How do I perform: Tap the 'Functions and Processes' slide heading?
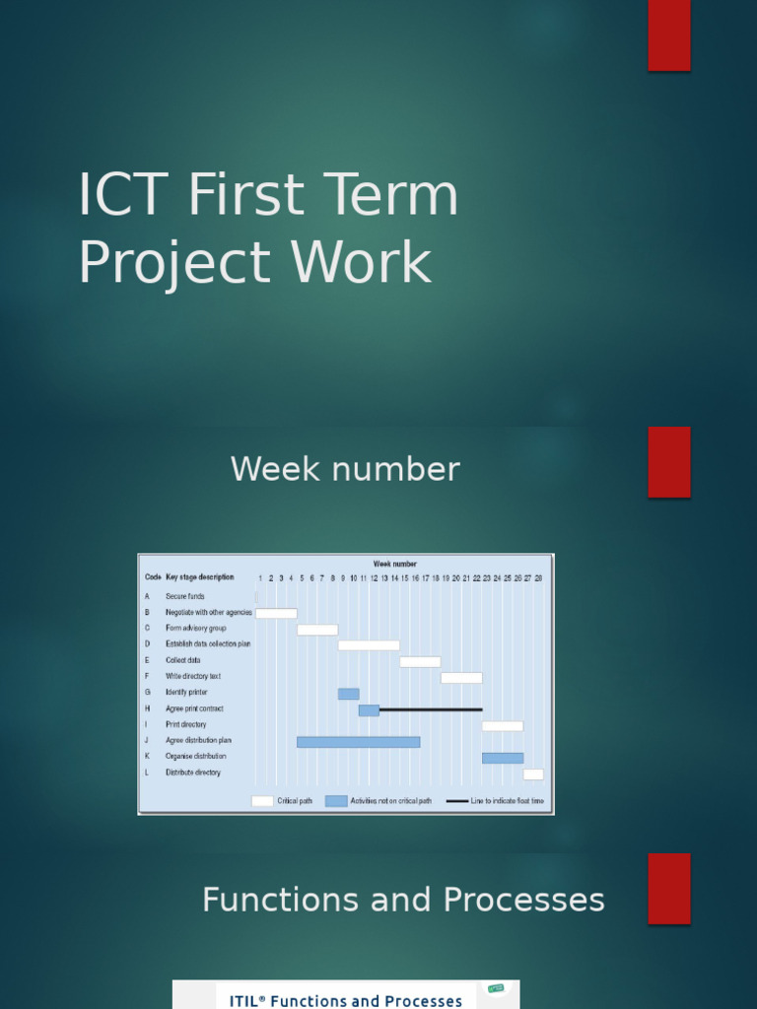click(x=403, y=900)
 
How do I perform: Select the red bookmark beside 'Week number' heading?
click(x=669, y=462)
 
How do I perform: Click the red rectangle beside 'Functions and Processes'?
click(x=669, y=889)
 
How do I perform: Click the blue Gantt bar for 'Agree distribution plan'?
click(x=358, y=741)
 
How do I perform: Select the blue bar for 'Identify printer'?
click(x=348, y=694)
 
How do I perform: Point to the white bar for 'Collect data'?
click(x=420, y=661)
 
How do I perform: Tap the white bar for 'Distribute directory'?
click(x=533, y=774)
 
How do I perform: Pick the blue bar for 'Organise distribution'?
click(x=503, y=758)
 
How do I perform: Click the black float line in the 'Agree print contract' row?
click(x=431, y=709)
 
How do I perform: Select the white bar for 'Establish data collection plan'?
click(x=369, y=645)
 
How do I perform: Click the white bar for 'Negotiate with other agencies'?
click(x=276, y=613)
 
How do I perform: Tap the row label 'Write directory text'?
click(x=193, y=677)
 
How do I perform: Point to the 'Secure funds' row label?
click(x=185, y=596)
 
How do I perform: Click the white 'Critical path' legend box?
click(x=262, y=801)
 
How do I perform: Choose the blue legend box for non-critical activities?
click(x=336, y=801)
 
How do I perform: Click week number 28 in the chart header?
click(x=538, y=578)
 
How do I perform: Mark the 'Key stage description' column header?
click(x=200, y=577)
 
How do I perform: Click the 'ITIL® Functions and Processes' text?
click(x=345, y=1000)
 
